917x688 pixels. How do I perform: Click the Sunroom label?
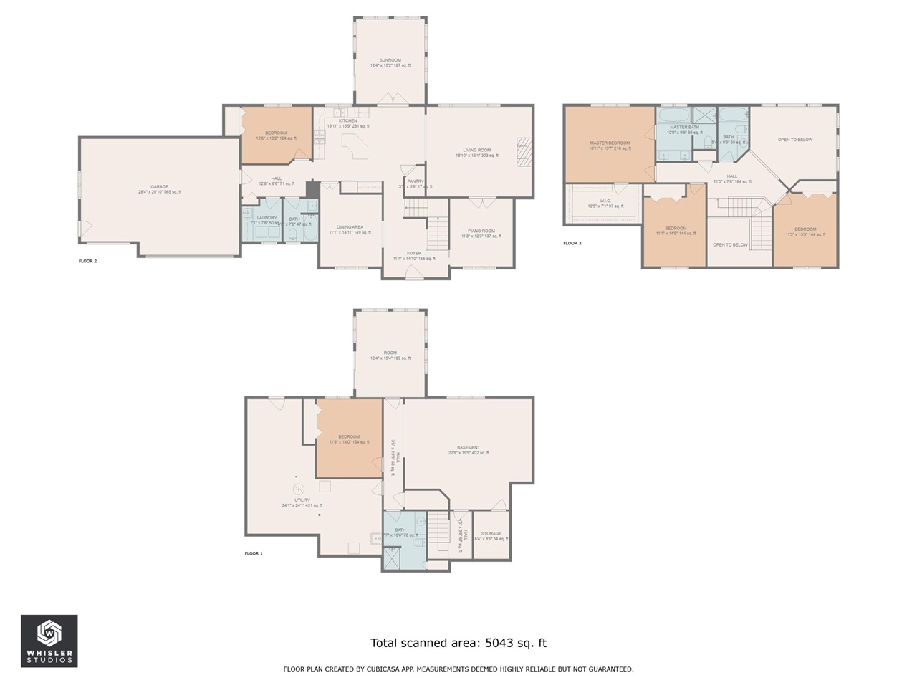coord(390,60)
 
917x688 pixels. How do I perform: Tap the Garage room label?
coord(160,187)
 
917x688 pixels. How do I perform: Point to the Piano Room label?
coord(481,231)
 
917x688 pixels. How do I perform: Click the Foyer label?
coord(414,254)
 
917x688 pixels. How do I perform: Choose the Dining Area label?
coord(350,227)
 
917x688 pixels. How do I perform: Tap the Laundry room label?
coord(267,218)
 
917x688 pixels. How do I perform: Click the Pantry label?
coord(416,181)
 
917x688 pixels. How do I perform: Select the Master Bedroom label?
coord(610,143)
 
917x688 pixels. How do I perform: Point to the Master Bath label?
coord(684,128)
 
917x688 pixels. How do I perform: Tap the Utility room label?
coord(302,500)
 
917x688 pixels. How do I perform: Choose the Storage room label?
coord(491,534)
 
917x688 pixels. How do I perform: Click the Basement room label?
coord(469,448)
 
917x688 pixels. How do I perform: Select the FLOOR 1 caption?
coord(254,553)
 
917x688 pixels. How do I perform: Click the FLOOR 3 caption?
coord(572,243)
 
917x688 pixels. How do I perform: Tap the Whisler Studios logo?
coord(49,641)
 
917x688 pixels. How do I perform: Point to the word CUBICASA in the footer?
coord(387,669)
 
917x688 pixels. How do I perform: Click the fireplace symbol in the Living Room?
coord(526,151)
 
